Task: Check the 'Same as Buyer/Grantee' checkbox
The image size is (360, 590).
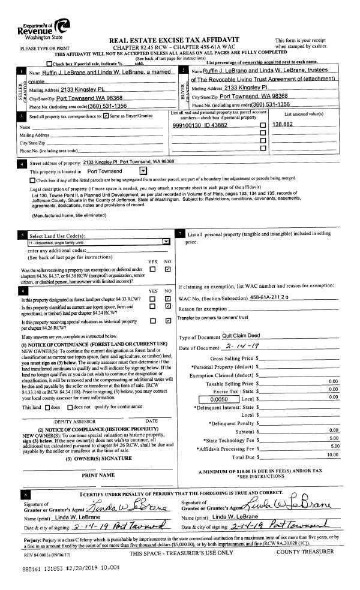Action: (107, 115)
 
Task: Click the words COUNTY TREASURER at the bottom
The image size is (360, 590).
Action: (306, 552)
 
